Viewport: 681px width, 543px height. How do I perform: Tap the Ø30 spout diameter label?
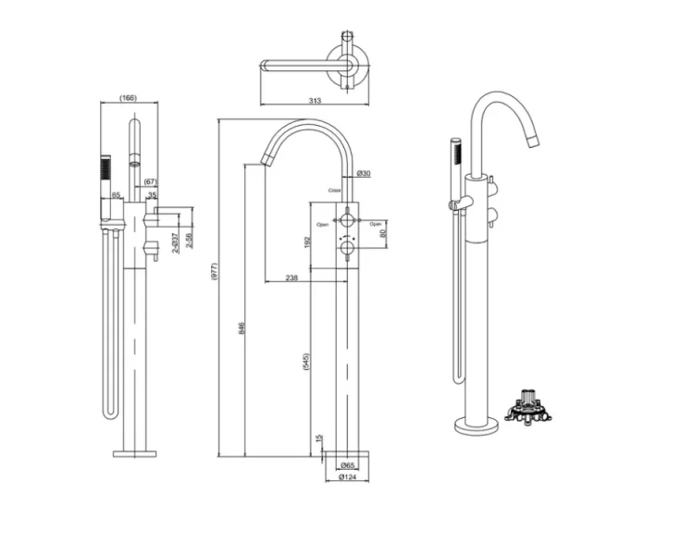pos(364,174)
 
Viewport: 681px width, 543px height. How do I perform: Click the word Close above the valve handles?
pos(334,191)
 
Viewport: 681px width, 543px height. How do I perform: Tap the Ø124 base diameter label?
pos(348,478)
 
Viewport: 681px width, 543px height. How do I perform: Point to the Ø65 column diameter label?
pos(348,465)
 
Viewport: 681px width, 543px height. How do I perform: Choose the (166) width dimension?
pos(130,98)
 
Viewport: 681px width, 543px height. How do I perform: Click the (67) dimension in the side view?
pos(151,181)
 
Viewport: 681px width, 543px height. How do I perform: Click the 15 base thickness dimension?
pos(319,439)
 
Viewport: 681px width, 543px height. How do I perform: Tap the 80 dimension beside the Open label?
pos(384,233)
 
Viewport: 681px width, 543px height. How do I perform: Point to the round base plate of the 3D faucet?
pos(476,426)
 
